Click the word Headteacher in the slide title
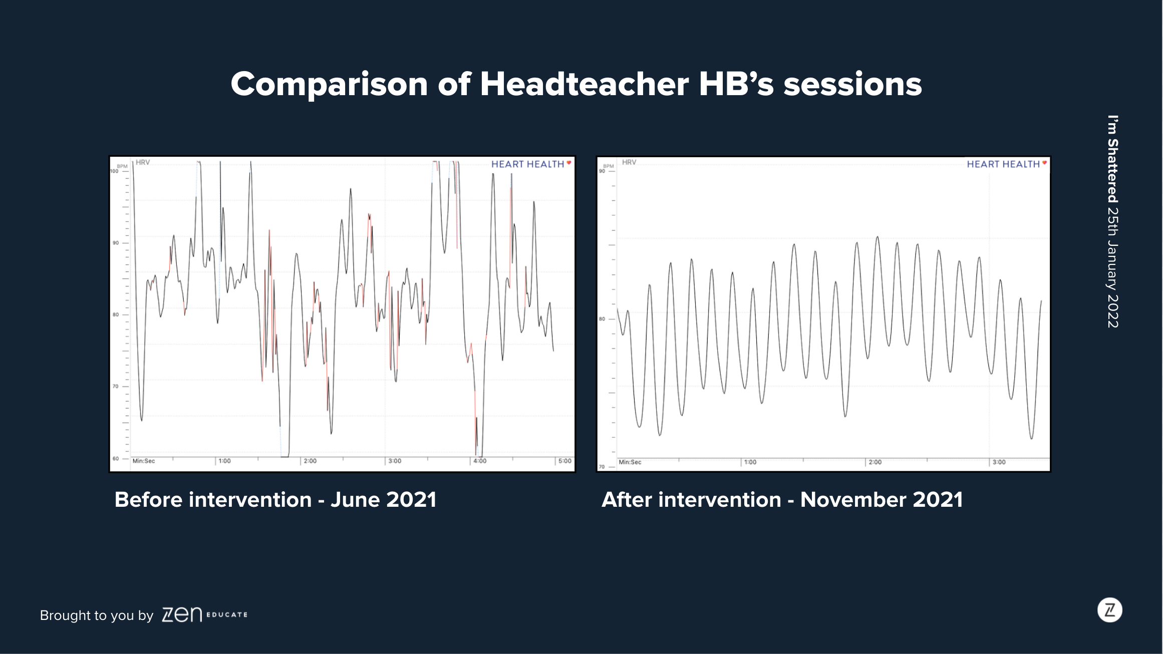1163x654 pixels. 584,84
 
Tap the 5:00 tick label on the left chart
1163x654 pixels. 565,461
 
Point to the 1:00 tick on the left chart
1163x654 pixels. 224,461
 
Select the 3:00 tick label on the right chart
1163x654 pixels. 999,462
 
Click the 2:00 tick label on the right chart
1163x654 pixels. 875,462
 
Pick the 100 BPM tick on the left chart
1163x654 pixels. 114,171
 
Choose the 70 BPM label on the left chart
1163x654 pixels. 116,387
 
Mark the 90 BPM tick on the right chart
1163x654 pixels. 602,171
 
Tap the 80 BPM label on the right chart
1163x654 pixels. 602,319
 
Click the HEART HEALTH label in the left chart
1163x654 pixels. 527,164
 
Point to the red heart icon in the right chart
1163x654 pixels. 1044,163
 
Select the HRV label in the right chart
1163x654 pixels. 629,162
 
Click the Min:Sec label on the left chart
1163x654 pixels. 144,461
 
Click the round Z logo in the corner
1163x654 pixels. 1110,610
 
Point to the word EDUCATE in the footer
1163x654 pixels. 227,614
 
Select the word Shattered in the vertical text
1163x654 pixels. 1113,171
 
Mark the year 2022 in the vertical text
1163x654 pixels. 1113,311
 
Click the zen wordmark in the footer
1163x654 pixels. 182,614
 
